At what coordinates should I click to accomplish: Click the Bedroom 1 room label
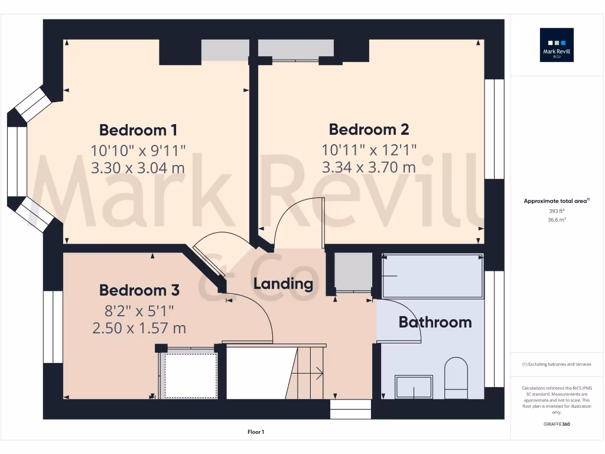click(x=138, y=130)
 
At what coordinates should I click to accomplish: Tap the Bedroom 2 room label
click(x=369, y=129)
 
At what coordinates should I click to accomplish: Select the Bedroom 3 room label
click(x=139, y=290)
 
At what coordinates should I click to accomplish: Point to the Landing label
click(x=283, y=284)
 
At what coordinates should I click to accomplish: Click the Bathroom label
click(x=435, y=322)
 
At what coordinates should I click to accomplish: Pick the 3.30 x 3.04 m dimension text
click(x=138, y=168)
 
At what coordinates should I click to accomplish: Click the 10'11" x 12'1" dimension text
click(x=369, y=149)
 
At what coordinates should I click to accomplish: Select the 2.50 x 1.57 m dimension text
click(x=139, y=327)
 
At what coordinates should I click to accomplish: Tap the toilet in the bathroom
click(x=456, y=377)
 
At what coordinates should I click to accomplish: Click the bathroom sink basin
click(x=414, y=387)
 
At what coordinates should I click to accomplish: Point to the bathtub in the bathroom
click(x=432, y=275)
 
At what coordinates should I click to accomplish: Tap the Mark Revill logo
click(x=557, y=46)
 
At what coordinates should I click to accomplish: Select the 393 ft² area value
click(x=557, y=210)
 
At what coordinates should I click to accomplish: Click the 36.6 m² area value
click(x=557, y=219)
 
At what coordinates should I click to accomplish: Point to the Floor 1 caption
click(x=256, y=432)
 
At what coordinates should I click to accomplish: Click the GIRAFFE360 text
click(x=557, y=424)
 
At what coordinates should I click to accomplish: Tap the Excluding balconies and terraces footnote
click(x=557, y=364)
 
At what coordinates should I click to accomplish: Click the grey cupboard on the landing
click(x=353, y=271)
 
